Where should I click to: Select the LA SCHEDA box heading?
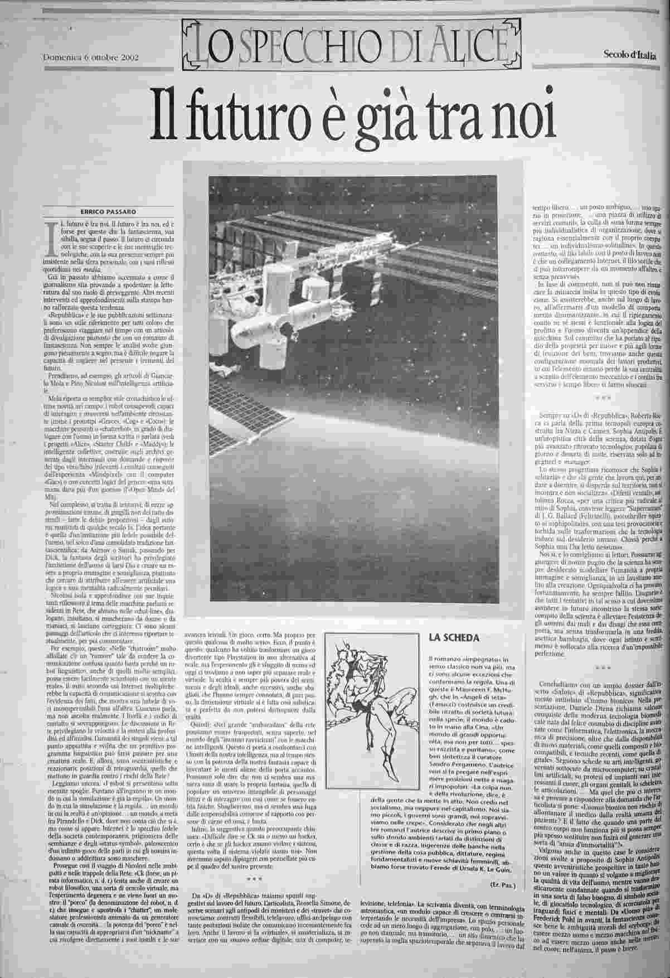(453, 638)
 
